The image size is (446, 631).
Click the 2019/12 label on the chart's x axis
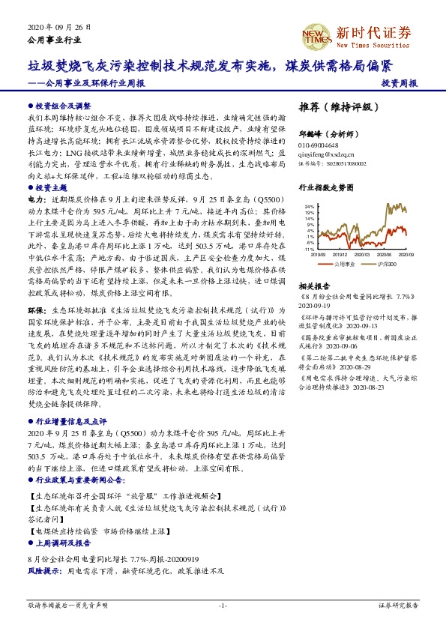(x=349, y=254)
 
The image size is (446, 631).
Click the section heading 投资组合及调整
(x=62, y=106)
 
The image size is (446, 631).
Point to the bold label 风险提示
(x=44, y=570)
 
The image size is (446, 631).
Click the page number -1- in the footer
(x=223, y=605)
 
